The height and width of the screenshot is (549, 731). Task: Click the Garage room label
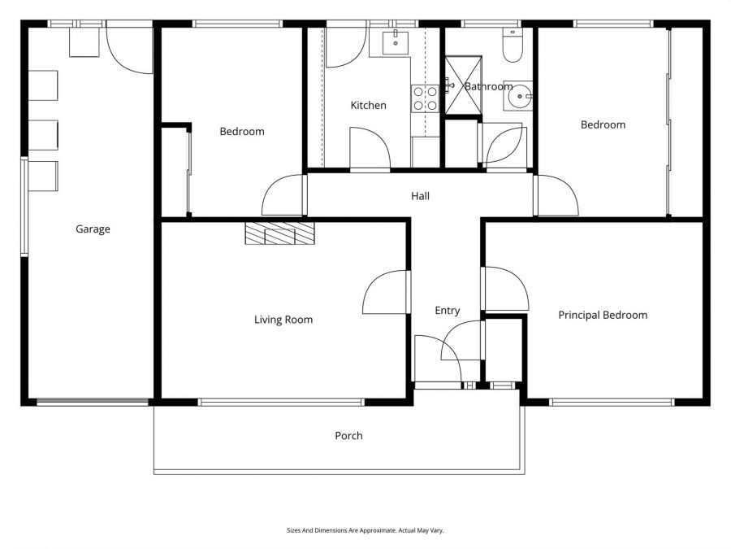point(93,229)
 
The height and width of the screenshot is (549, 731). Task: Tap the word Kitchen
point(368,105)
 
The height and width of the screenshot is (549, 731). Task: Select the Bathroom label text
point(488,86)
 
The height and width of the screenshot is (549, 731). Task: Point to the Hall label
point(420,196)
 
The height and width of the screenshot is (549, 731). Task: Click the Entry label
point(447,311)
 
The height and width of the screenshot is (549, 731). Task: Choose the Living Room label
point(283,320)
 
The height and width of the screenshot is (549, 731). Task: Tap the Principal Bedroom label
point(603,315)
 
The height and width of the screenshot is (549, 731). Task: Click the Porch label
point(348,436)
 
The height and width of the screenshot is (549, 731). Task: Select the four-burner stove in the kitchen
point(426,98)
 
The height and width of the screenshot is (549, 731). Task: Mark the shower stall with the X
point(462,86)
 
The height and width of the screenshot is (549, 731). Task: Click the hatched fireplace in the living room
point(279,233)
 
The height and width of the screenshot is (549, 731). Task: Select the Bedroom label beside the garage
point(242,131)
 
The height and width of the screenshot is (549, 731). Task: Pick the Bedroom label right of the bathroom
point(603,124)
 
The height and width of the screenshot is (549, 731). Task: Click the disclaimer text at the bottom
point(365,530)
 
